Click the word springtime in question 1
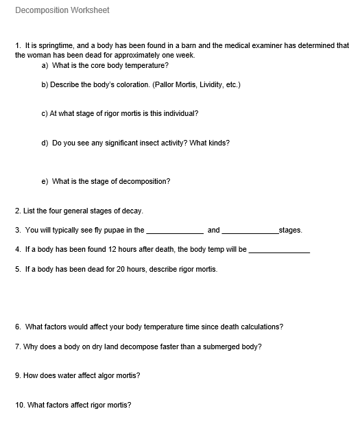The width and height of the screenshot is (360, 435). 53,46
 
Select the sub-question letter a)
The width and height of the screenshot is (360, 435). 45,65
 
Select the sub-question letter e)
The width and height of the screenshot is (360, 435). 45,181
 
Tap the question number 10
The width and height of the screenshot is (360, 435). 19,405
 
